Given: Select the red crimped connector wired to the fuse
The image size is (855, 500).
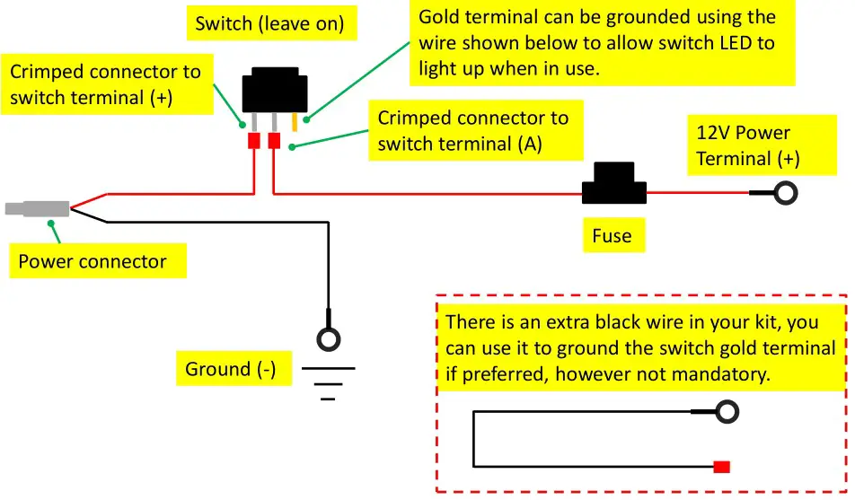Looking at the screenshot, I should coord(274,141).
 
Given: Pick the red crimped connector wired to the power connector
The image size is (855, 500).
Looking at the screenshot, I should coord(254,141).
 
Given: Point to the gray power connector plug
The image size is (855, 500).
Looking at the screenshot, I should coord(36,209).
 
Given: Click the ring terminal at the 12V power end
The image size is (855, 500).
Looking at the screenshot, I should coord(787,193).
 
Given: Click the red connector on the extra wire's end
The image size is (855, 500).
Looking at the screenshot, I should coord(721,466).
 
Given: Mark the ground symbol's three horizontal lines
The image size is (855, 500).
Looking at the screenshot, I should coord(329,382).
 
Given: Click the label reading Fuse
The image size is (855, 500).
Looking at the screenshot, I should coord(612,236).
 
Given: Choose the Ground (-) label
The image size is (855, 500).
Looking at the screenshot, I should coord(231,369).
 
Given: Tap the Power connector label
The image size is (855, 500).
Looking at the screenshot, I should coord(93,262).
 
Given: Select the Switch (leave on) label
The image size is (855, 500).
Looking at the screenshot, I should coord(269,23).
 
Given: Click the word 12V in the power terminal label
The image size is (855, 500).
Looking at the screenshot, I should coord(714,133).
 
